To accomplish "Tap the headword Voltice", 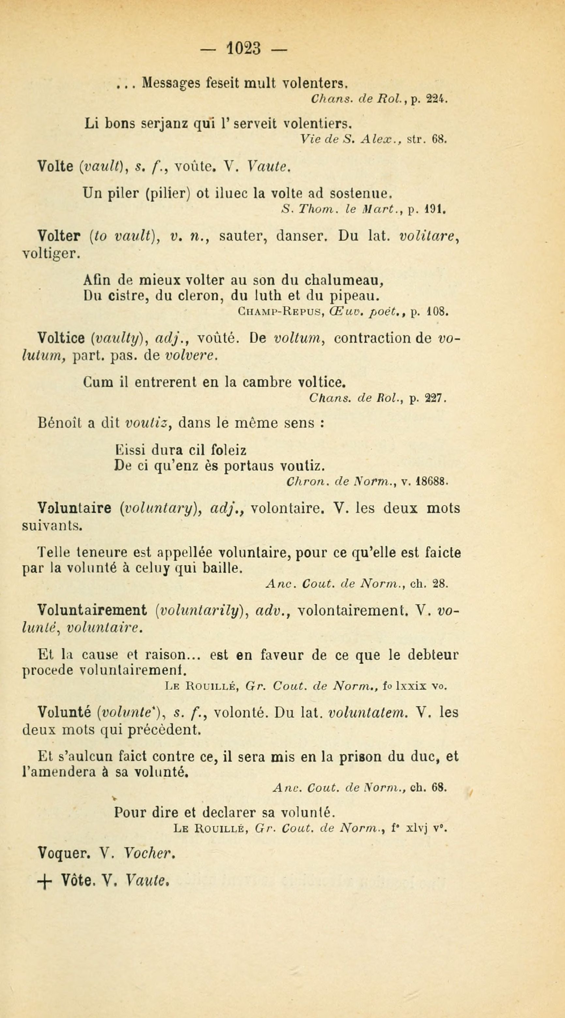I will [x=61, y=338].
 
